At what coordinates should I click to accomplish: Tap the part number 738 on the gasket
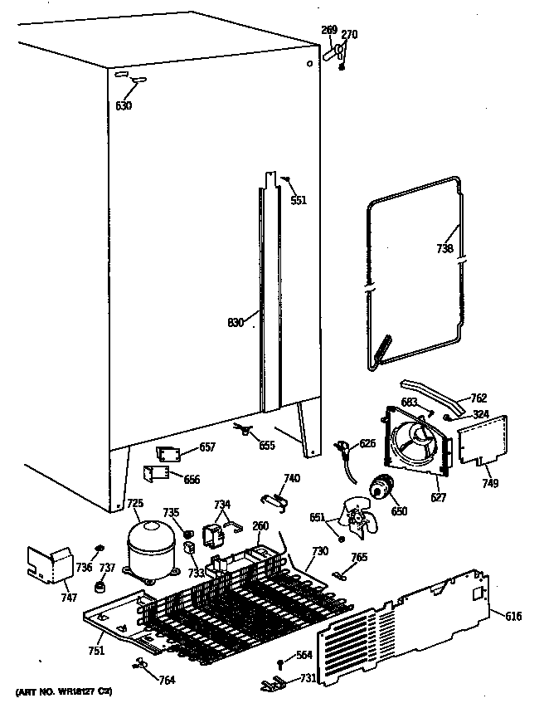[445, 248]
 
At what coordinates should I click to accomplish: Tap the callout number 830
[236, 323]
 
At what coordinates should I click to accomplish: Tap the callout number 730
[320, 551]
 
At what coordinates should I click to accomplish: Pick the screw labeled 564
[281, 661]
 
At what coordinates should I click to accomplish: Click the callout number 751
[97, 651]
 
